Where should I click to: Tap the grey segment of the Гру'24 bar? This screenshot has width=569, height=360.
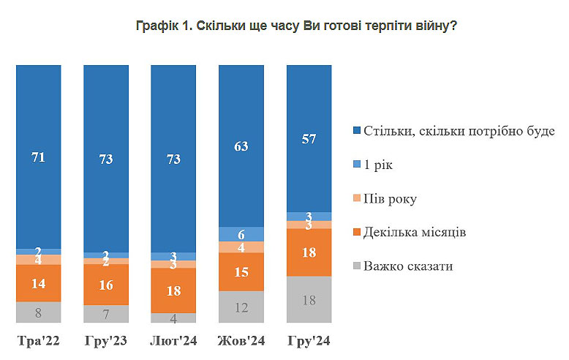coord(309,299)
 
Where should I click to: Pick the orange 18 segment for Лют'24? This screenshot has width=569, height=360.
coord(173,290)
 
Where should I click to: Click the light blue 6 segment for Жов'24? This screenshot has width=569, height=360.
coord(241,233)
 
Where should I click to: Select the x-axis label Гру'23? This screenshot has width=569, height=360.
coord(106,341)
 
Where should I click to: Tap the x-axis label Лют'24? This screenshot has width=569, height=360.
coord(173,341)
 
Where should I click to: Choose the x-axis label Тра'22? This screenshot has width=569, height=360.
coord(38,341)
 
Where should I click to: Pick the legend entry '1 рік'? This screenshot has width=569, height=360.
coord(383,165)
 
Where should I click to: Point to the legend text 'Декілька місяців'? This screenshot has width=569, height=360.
coord(416,232)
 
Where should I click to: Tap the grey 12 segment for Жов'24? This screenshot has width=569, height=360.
coord(241,307)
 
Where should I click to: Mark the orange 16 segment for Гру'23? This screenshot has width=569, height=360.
coord(106,285)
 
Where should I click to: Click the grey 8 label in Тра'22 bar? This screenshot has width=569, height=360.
coord(38,312)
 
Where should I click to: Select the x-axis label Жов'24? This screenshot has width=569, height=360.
coord(241,341)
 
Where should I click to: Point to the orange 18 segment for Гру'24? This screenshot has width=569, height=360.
coord(309,252)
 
